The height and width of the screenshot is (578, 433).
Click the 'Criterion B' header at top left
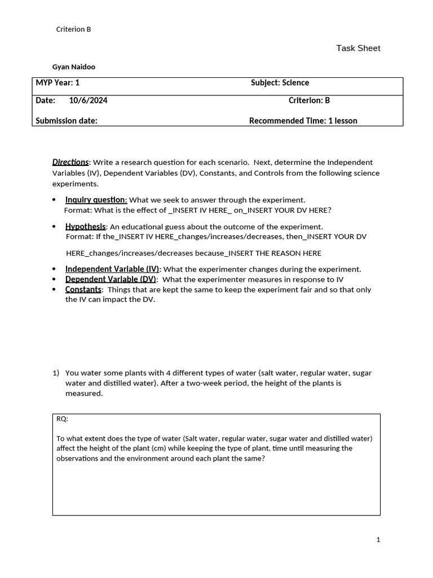[x=74, y=29]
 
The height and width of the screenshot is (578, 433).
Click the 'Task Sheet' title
[x=358, y=48]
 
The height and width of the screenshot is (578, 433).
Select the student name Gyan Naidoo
[x=74, y=67]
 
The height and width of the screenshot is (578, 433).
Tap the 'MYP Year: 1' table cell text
[x=58, y=83]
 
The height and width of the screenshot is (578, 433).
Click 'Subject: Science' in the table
[x=280, y=83]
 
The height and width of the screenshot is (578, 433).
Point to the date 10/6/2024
[x=89, y=100]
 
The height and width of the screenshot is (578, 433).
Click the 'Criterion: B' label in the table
[x=309, y=100]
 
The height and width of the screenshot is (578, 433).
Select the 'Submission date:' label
[x=67, y=120]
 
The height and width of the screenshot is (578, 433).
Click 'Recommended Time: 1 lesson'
[x=303, y=120]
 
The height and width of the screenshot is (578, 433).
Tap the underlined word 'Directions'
[x=70, y=162]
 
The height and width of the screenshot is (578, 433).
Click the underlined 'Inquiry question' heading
[x=96, y=200]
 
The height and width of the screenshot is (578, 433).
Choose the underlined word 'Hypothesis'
[x=85, y=226]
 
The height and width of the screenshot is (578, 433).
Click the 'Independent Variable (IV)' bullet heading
[x=112, y=269]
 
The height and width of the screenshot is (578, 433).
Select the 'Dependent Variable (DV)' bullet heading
[x=111, y=279]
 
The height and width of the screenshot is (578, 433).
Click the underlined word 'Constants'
[x=83, y=290]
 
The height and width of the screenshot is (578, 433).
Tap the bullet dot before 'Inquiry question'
[x=54, y=200]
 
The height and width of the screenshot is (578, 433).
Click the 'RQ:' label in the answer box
[x=63, y=419]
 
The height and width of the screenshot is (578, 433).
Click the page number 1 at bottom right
[x=378, y=540]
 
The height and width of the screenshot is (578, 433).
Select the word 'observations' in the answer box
[x=80, y=458]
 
